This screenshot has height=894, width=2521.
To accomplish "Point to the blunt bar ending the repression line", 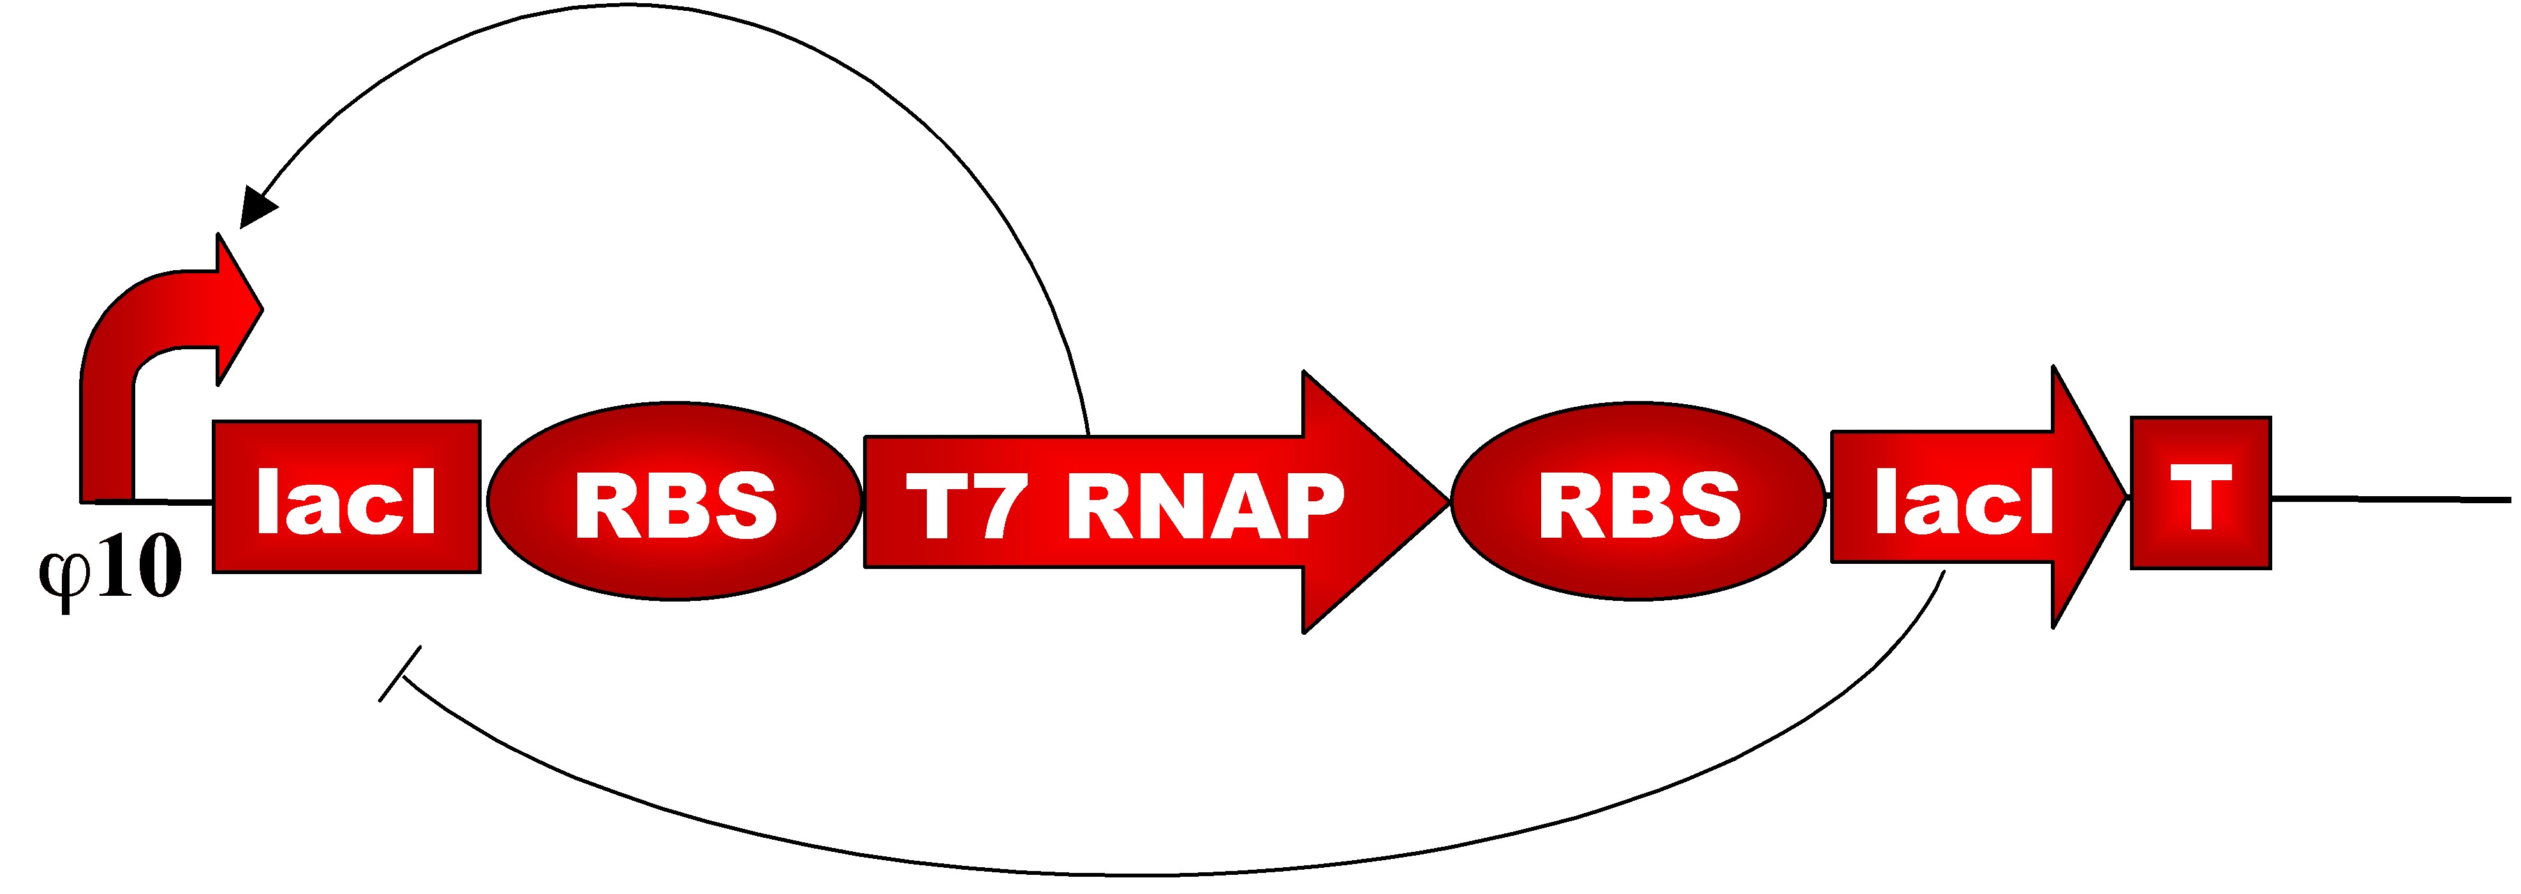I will point(400,674).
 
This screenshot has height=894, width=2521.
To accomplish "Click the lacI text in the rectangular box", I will point(346,501).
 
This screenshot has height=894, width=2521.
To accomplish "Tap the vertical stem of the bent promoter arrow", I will point(107,441).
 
